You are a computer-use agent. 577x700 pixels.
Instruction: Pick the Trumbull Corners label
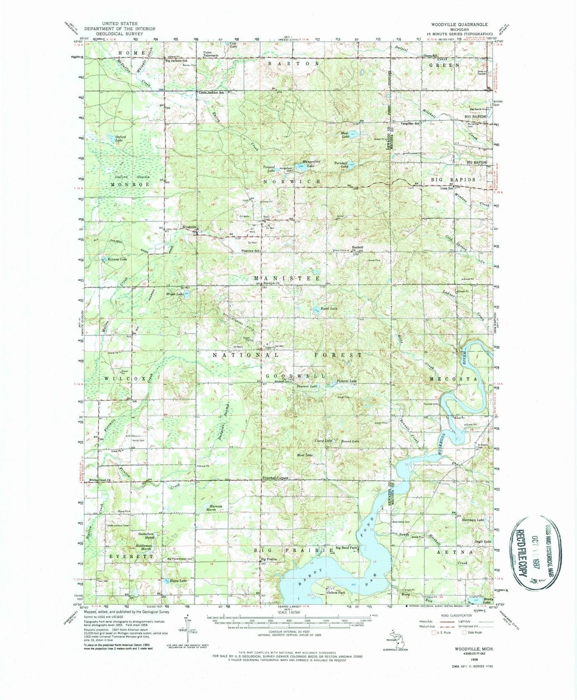click(275, 478)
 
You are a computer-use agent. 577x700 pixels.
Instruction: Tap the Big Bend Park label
click(347, 547)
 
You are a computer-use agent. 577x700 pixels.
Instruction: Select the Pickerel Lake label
click(347, 381)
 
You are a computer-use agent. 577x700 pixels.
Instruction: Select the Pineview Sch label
click(250, 251)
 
